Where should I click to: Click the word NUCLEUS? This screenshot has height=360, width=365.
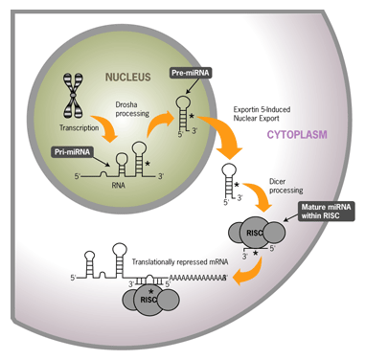point(128,77)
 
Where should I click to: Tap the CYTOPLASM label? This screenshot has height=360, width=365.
point(297,134)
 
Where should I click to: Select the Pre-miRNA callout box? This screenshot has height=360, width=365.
point(191,73)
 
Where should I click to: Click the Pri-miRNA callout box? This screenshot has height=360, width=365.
point(72,152)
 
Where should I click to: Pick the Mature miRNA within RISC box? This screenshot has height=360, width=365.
point(326,212)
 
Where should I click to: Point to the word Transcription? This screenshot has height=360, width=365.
point(79,127)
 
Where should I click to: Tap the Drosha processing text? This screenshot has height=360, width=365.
point(132,109)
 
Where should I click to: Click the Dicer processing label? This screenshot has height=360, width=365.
point(285,186)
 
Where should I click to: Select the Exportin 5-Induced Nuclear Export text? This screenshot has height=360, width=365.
point(262,114)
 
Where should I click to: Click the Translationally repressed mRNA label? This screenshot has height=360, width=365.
point(180,262)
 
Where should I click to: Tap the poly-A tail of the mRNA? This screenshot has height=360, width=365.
point(198,278)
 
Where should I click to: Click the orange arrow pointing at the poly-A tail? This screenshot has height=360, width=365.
point(251,271)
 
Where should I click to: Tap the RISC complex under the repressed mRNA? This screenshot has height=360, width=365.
point(150,299)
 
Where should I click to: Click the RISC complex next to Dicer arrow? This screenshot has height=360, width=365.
point(256,232)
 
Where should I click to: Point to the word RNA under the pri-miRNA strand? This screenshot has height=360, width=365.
point(118,185)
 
